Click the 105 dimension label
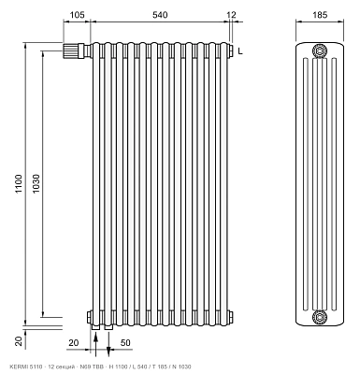click(77, 15)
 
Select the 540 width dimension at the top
click(159, 15)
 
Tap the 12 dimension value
click(231, 15)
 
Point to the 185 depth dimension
click(320, 15)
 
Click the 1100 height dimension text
click(19, 183)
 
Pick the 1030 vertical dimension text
click(36, 183)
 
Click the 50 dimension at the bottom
click(125, 343)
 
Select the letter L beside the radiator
click(240, 51)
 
